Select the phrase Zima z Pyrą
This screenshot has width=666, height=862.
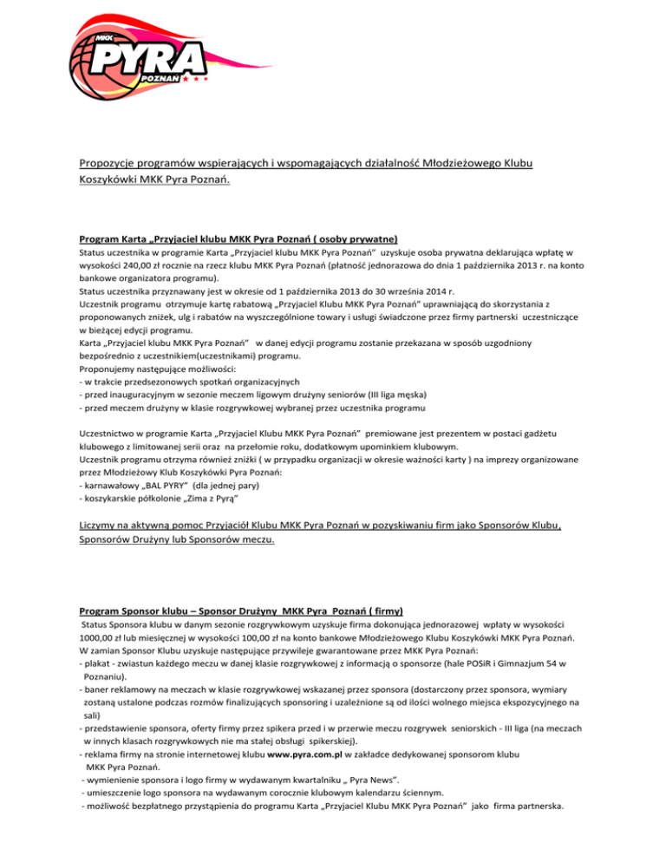(201, 500)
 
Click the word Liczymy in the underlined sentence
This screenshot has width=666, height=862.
(104, 525)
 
